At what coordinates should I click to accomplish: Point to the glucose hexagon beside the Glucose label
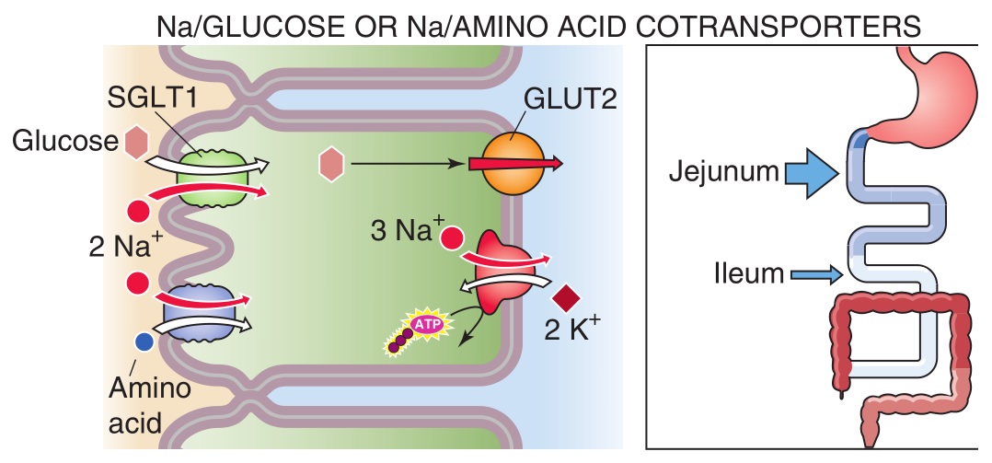pyautogui.click(x=136, y=141)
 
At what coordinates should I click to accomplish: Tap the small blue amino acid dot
pyautogui.click(x=144, y=341)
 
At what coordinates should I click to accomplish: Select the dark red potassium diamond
pyautogui.click(x=564, y=299)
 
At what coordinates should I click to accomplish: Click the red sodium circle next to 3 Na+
pyautogui.click(x=451, y=237)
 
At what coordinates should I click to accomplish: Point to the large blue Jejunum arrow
pyautogui.click(x=809, y=171)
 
